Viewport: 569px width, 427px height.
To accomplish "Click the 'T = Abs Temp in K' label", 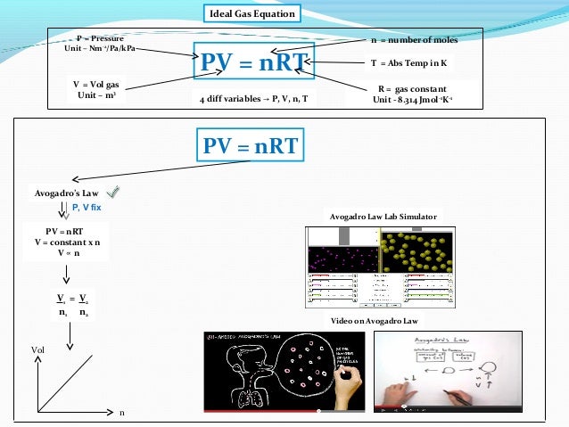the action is pos(408,64).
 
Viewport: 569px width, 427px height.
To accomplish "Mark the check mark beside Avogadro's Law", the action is pos(113,192).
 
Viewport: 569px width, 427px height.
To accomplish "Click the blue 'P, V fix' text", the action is pos(88,207).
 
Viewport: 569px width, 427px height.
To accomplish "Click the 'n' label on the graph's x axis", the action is pos(122,412).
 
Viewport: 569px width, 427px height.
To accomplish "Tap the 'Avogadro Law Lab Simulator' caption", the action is pos(383,217).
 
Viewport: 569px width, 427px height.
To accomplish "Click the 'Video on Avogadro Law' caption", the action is pos(375,320).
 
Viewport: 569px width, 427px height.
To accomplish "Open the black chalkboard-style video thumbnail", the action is pos(283,371).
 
